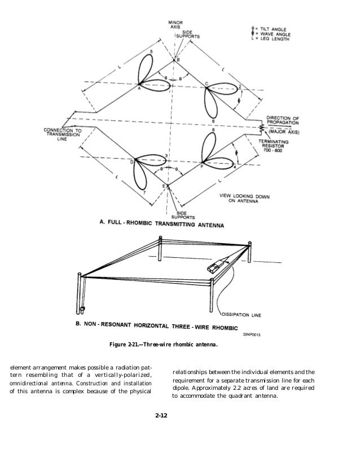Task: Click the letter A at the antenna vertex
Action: pos(139,89)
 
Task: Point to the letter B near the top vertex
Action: pos(179,60)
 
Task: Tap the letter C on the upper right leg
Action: pos(207,84)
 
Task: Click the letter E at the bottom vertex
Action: pos(165,186)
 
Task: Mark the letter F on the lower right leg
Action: pos(202,166)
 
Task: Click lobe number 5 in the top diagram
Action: pos(151,51)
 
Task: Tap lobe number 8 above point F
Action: pos(213,130)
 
